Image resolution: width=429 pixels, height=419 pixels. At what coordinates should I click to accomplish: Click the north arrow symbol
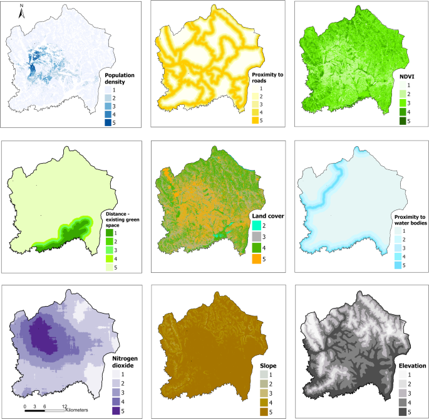21,11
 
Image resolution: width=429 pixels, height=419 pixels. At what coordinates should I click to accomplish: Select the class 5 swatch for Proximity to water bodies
398,266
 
